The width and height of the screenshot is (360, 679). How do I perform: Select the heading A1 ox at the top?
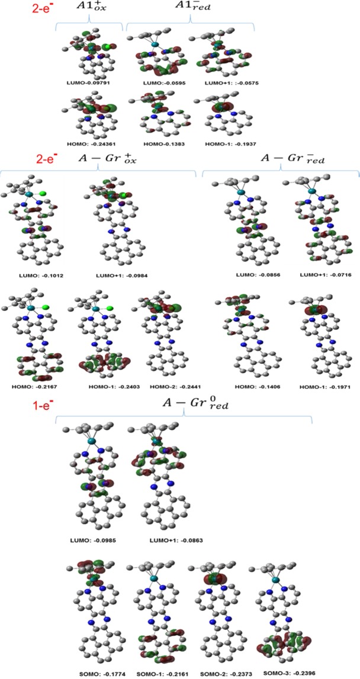pos(88,9)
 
